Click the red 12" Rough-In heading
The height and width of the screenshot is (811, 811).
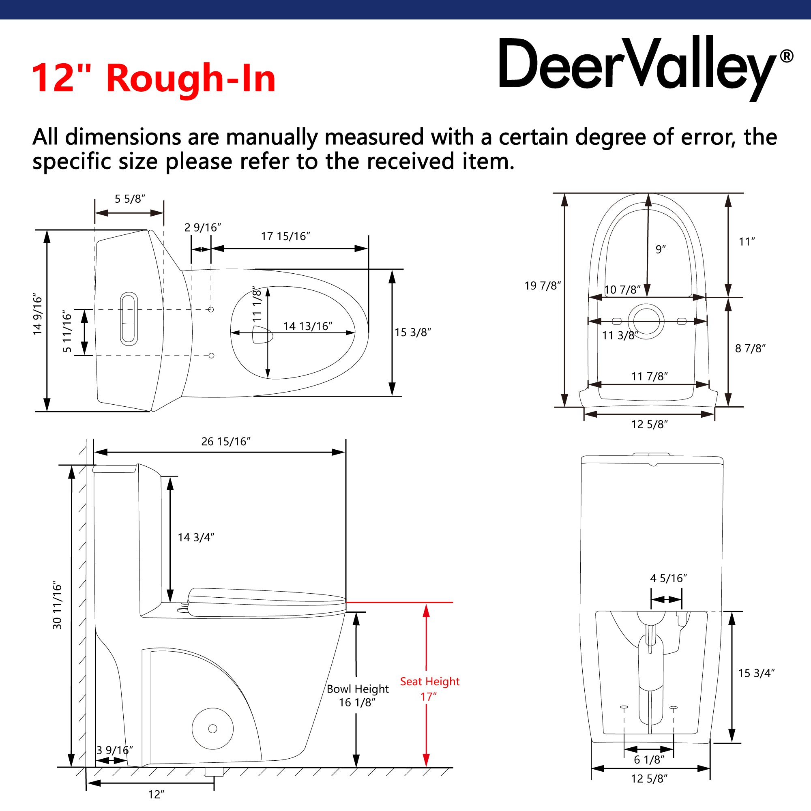tap(153, 78)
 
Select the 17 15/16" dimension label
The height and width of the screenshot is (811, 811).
tap(285, 236)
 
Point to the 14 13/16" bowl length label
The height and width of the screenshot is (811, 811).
tap(308, 326)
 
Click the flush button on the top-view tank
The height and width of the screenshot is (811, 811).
tap(129, 319)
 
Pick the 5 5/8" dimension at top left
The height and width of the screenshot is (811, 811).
tap(130, 199)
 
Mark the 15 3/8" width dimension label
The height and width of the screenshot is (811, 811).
tap(413, 333)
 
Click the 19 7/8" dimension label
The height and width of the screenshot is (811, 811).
tap(542, 286)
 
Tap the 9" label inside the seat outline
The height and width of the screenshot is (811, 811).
tap(660, 249)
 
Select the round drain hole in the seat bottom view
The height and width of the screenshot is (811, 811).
tap(646, 322)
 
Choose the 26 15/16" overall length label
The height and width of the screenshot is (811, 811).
tap(226, 442)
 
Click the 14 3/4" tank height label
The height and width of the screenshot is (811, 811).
tap(196, 537)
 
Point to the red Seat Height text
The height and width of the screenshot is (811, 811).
tap(429, 681)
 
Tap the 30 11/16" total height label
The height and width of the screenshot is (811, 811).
tap(57, 605)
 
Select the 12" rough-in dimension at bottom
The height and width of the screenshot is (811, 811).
tap(156, 795)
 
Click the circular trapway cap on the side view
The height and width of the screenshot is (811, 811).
tap(212, 729)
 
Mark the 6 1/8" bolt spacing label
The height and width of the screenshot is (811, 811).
tap(649, 760)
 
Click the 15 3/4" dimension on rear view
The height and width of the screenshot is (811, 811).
tap(756, 673)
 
